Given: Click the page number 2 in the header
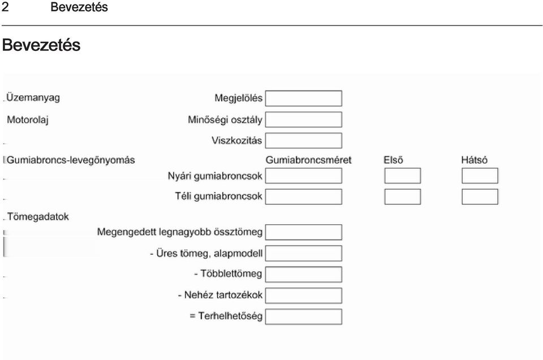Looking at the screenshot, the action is coord(5,7).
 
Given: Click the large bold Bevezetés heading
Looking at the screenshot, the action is coord(41,45).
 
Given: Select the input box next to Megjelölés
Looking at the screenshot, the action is coord(304,98).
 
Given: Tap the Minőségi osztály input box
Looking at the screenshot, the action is coord(304,119).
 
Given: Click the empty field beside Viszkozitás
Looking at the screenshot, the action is coord(304,141).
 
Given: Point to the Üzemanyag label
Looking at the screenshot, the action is coord(33,98).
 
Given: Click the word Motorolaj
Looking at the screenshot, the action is coord(28,120).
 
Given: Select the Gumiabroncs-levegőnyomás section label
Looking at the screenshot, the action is coord(71,160).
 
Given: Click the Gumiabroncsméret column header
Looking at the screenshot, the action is coord(309,160).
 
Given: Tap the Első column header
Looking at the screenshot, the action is coord(394,160).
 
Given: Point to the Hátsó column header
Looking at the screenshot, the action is coord(475,160).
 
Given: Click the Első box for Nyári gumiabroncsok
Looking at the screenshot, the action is coord(403,175).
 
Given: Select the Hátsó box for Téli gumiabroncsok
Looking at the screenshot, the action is coord(480,196).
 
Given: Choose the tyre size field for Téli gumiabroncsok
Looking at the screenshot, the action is coord(304,196).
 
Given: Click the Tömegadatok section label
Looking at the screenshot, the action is coord(38,217).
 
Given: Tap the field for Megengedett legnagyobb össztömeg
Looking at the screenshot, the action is coord(304,232).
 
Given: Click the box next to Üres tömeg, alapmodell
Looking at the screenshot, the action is coord(304,253).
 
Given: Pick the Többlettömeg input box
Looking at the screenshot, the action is coord(304,275).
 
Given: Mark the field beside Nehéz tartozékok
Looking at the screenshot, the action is coord(304,295).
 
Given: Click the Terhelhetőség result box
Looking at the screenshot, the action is coord(304,316).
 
